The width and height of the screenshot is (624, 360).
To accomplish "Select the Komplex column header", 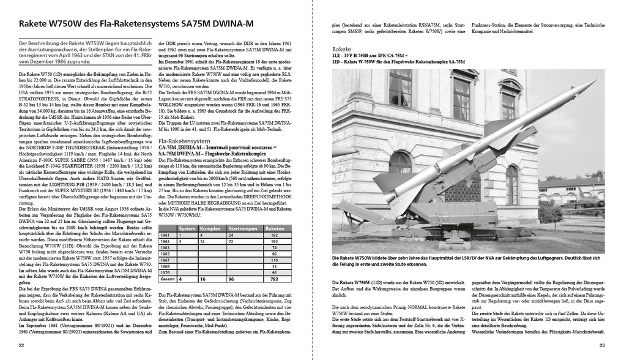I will [210, 228].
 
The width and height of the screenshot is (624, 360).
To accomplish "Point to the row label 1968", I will [166, 266].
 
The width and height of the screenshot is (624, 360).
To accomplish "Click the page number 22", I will [21, 347].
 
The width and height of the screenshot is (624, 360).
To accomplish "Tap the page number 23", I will [602, 347].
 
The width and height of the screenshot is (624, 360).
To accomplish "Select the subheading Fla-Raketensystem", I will [184, 141].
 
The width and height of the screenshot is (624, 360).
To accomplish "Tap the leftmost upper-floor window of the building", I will [400, 87].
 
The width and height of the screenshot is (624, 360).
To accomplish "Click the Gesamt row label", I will [167, 279].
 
